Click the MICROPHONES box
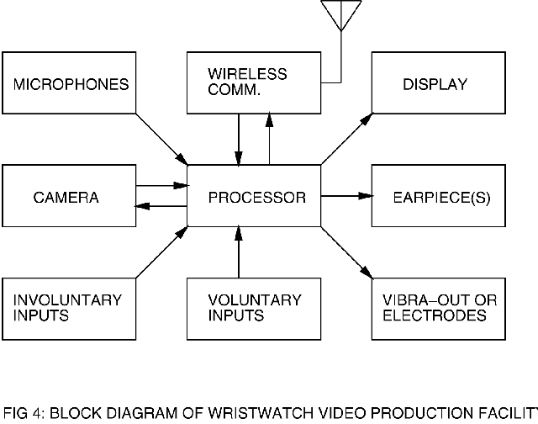click(70, 83)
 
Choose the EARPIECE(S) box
click(436, 197)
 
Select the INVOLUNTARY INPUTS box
click(70, 309)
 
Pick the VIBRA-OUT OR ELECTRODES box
click(436, 309)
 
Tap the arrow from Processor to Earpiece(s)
click(345, 197)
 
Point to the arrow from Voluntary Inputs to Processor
click(240, 252)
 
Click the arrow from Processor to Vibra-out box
click(345, 252)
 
